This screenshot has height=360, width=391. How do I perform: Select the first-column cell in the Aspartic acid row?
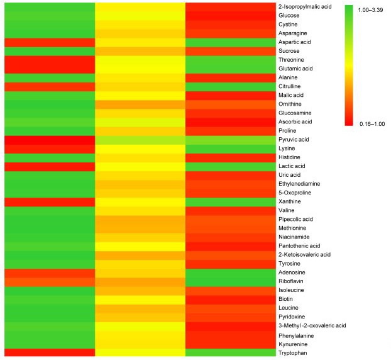(49, 42)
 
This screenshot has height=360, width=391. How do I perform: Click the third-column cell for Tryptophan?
(230, 353)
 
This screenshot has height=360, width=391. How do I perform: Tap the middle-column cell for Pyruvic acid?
(140, 138)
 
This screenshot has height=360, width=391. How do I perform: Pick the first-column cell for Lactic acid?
(49, 166)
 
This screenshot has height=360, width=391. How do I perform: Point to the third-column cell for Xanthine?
(230, 201)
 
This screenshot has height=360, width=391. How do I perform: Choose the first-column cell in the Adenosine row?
(49, 273)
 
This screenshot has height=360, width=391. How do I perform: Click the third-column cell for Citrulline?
(230, 86)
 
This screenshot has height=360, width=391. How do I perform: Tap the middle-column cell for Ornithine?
(140, 103)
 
